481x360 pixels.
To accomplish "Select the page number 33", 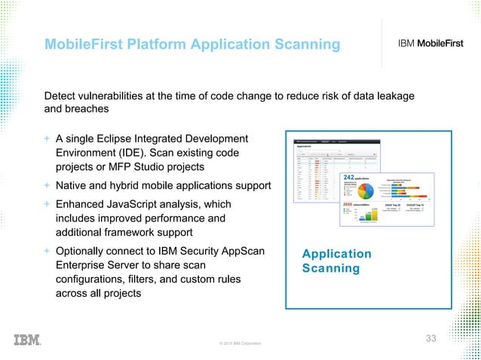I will tap(430, 337).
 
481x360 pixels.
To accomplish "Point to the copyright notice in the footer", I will tap(240, 343).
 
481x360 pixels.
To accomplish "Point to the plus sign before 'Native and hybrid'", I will tap(47, 185).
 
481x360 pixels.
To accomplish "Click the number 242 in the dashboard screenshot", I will tap(349, 177).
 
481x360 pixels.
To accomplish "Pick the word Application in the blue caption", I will tap(336, 254).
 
